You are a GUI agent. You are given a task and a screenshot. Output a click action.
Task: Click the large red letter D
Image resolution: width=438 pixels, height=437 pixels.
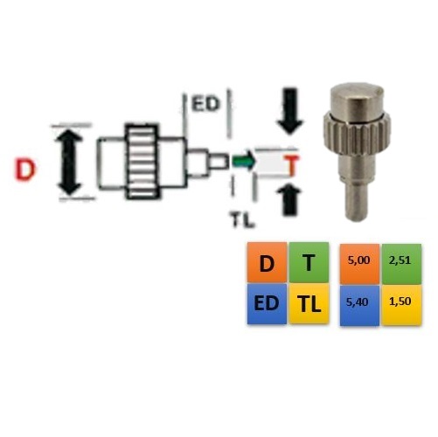(x=25, y=170)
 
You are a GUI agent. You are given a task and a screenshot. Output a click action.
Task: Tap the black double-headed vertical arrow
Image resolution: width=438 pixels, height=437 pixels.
(x=69, y=163)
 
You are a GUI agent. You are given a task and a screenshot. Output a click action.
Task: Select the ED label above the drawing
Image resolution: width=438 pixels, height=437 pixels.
(x=205, y=104)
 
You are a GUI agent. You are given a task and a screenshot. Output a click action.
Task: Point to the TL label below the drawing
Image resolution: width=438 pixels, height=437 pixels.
(x=242, y=219)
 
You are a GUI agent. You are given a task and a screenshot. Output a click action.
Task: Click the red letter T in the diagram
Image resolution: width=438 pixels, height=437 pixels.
(x=292, y=166)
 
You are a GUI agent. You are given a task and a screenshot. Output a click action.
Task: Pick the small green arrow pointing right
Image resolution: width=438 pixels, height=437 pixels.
(x=244, y=161)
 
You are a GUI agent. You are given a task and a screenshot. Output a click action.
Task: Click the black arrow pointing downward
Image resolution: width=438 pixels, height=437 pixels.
(x=290, y=111)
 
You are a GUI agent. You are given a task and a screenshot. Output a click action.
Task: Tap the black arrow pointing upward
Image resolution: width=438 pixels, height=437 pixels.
(x=289, y=200)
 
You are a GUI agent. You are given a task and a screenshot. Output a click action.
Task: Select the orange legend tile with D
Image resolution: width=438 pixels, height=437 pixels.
(x=267, y=262)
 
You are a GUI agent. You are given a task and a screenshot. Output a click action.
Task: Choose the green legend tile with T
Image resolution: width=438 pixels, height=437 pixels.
(x=309, y=262)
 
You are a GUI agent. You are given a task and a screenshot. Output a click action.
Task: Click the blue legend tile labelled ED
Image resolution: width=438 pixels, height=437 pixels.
(x=267, y=304)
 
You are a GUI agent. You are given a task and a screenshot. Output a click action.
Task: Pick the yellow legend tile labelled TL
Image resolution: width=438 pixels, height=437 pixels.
(x=309, y=304)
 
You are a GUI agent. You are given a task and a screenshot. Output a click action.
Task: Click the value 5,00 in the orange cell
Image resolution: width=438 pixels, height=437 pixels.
(x=358, y=260)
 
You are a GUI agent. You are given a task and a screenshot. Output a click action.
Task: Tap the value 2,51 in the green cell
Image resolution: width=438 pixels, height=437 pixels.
(x=400, y=260)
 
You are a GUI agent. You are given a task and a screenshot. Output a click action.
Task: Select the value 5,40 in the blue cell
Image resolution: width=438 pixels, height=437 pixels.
(x=358, y=302)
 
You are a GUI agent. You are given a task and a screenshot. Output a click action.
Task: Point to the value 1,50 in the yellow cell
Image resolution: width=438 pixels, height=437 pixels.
(x=400, y=302)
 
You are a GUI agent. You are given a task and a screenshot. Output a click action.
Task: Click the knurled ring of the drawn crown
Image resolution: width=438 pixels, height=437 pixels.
(x=142, y=162)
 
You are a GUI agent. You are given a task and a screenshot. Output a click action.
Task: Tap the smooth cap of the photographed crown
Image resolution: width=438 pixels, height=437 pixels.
(x=357, y=99)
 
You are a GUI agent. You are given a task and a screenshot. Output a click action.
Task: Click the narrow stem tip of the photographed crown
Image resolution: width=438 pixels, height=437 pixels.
(x=357, y=201)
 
